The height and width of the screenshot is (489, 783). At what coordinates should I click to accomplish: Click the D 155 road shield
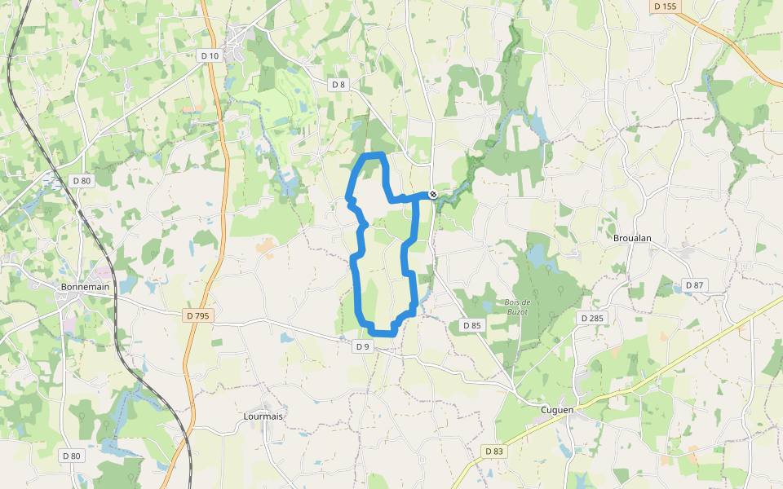[665, 7]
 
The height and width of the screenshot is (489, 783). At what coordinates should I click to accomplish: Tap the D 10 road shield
[209, 55]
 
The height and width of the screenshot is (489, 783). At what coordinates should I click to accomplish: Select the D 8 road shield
[338, 85]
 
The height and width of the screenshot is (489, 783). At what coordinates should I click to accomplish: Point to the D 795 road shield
[197, 315]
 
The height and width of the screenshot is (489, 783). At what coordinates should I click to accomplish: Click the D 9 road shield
[362, 346]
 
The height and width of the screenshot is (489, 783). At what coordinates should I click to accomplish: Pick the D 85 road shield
[471, 325]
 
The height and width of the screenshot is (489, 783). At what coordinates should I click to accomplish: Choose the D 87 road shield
[694, 285]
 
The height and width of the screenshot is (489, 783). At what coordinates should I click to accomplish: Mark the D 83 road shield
[493, 451]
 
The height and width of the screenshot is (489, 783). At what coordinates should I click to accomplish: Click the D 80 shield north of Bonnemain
[81, 180]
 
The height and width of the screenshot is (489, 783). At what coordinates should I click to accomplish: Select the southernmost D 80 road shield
[71, 456]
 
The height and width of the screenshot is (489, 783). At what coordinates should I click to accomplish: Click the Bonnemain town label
[85, 287]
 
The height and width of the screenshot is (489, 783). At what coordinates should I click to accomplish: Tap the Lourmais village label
[263, 416]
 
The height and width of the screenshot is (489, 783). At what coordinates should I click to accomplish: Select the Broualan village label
[633, 238]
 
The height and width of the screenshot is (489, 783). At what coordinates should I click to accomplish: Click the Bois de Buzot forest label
[515, 306]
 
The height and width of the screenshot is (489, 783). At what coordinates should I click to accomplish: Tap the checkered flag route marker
[432, 194]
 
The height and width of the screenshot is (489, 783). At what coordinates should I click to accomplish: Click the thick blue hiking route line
[356, 285]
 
